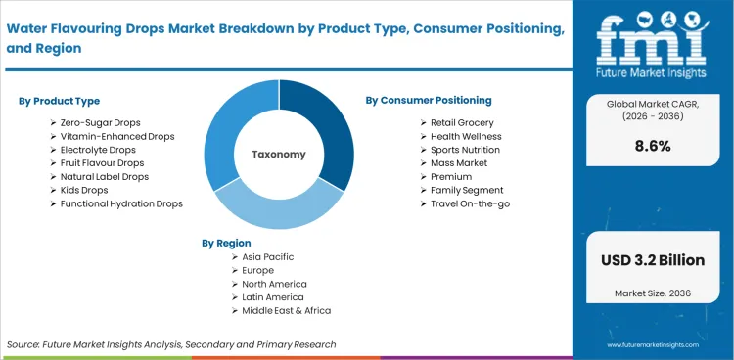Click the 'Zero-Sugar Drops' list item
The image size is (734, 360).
pyautogui.click(x=102, y=122)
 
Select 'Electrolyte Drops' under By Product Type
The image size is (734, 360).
pyautogui.click(x=98, y=150)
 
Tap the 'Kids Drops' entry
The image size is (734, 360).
pyautogui.click(x=84, y=190)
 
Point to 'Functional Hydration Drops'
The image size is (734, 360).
pyautogui.click(x=121, y=203)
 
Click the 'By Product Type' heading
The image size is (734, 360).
pyautogui.click(x=59, y=101)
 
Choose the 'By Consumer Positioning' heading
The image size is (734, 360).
pyautogui.click(x=429, y=100)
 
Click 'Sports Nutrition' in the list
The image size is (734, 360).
pyautogui.click(x=466, y=150)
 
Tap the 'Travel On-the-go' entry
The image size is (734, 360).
pyautogui.click(x=471, y=203)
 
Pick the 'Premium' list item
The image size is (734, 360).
pyautogui.click(x=451, y=176)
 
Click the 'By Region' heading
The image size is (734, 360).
pyautogui.click(x=226, y=243)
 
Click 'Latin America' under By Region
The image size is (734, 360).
pyautogui.click(x=273, y=296)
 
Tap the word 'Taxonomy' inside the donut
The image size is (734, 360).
pyautogui.click(x=279, y=155)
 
